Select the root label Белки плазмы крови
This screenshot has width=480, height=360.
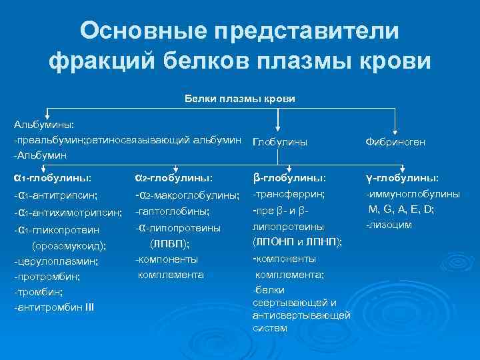tap(239, 99)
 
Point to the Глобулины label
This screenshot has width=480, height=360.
tap(280, 142)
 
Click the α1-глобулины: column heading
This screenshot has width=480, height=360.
tap(52, 178)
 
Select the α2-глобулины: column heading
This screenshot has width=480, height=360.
tap(173, 178)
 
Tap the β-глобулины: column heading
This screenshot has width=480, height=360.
tap(289, 178)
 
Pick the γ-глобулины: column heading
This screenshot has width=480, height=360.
tap(402, 178)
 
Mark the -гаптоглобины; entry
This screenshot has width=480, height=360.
tap(172, 211)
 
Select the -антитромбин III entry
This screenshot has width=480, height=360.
tap(54, 307)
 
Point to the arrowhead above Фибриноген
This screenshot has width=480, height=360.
tap(396, 130)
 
